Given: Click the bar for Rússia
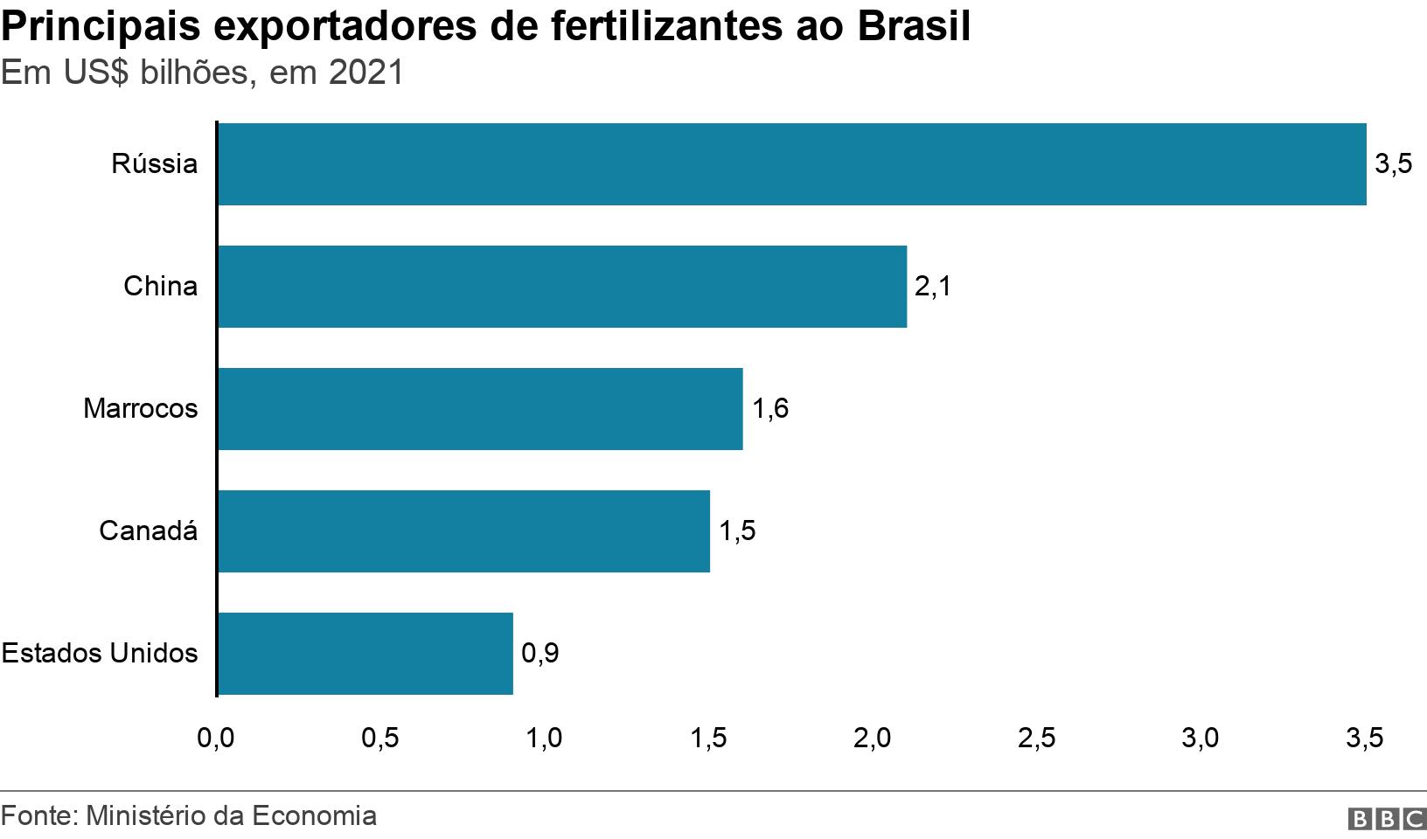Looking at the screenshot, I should click(791, 164).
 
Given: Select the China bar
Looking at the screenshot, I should click(561, 287).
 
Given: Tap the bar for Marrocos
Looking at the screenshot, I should click(480, 409).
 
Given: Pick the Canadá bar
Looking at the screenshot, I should click(463, 531).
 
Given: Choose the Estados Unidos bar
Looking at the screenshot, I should click(365, 654).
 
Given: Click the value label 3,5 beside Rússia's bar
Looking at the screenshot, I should click(1393, 164).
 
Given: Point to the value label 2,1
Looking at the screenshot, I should click(932, 287).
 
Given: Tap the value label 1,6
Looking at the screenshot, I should click(770, 409).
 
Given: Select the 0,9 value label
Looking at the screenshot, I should click(539, 654).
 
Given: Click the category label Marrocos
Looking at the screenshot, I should click(141, 409).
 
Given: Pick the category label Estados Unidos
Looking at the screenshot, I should click(100, 654).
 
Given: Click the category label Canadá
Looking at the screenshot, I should click(148, 531).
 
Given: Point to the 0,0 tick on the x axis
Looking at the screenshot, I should click(216, 738).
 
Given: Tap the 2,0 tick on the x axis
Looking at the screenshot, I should click(872, 738).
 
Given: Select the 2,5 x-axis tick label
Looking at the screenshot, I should click(1036, 738).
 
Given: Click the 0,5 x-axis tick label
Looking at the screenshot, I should click(380, 738).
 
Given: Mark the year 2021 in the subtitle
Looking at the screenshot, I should click(366, 73).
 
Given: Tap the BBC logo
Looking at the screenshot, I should click(1388, 818).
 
